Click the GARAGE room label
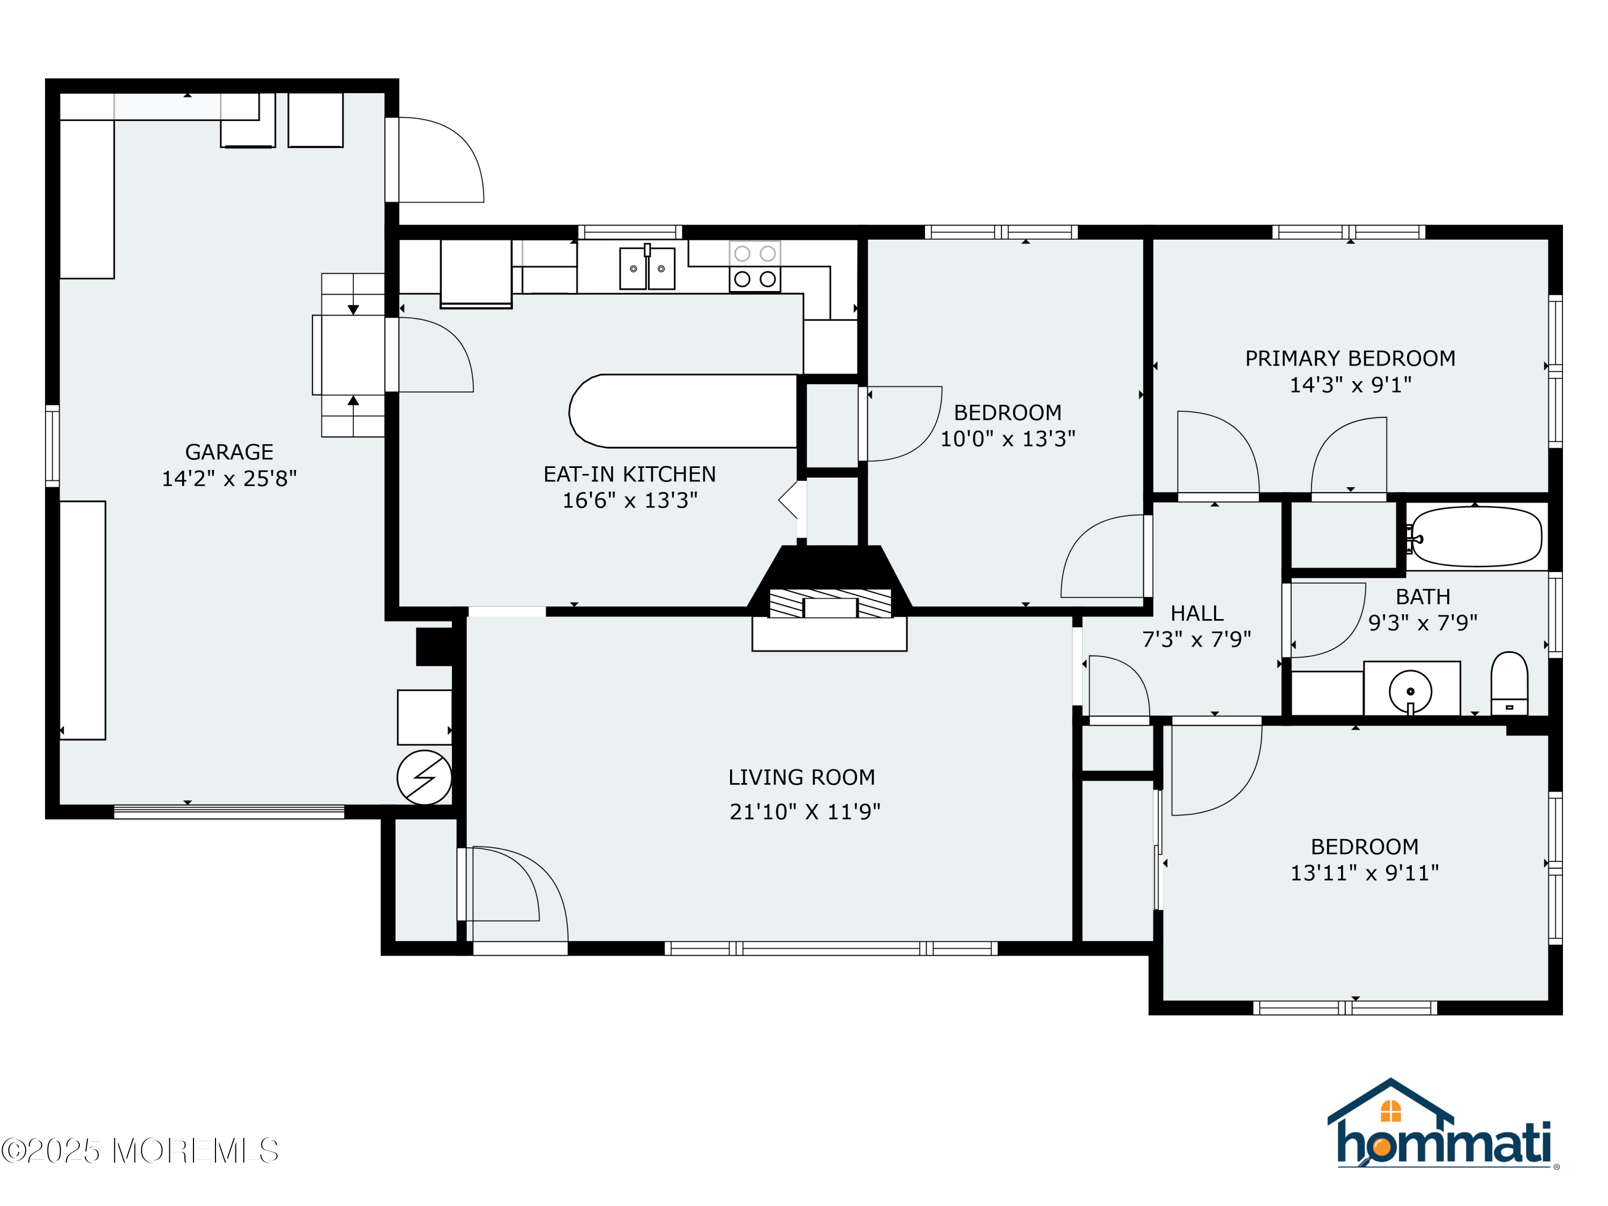229,452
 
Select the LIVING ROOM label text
802,778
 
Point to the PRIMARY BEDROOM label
1350,359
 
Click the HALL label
1196,614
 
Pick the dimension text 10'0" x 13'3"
1008,439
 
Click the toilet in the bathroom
1509,684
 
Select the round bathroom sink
1410,691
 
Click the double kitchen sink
647,268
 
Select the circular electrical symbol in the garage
425,778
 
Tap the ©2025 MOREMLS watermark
139,1151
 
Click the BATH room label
1423,597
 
